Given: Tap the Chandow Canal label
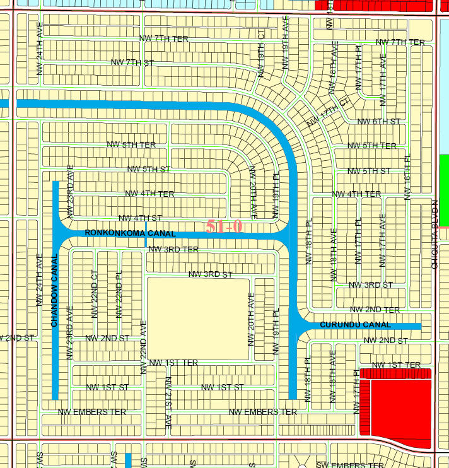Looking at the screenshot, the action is [54, 290].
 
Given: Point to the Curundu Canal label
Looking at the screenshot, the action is [355, 325].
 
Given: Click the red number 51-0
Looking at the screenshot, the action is [224, 226].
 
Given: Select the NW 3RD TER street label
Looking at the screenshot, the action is [173, 250].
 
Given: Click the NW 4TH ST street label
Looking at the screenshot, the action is [139, 218].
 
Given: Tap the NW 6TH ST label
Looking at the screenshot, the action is [378, 122].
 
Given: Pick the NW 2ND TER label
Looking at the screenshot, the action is [374, 310].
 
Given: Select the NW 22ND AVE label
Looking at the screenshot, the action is [144, 348].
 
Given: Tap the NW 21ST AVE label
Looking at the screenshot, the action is [168, 402].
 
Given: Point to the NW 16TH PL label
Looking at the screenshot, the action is [407, 178].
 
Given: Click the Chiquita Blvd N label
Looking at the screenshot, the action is [434, 235].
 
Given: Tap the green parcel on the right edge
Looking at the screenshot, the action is [444, 190].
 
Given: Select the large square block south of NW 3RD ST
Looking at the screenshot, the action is [198, 319].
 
